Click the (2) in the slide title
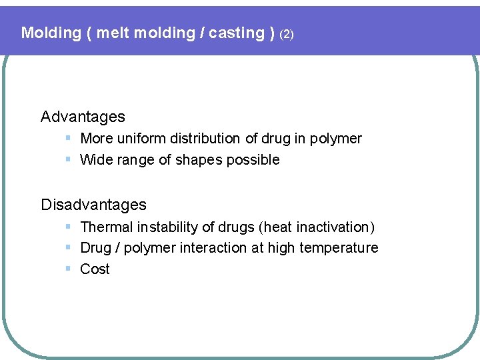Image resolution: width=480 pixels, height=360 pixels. [286, 34]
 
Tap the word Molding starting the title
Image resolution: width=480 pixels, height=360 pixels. [50, 33]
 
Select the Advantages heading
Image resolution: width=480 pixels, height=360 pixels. [83, 117]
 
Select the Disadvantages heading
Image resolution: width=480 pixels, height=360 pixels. [93, 205]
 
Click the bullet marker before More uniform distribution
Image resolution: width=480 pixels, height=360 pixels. [69, 138]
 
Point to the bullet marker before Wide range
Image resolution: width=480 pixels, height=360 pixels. [69, 159]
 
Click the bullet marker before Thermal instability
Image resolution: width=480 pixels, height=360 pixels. [69, 227]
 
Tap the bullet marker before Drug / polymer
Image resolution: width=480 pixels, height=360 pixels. [69, 247]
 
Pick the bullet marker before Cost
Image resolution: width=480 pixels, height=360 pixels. [69, 269]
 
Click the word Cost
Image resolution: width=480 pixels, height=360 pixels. [95, 269]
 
